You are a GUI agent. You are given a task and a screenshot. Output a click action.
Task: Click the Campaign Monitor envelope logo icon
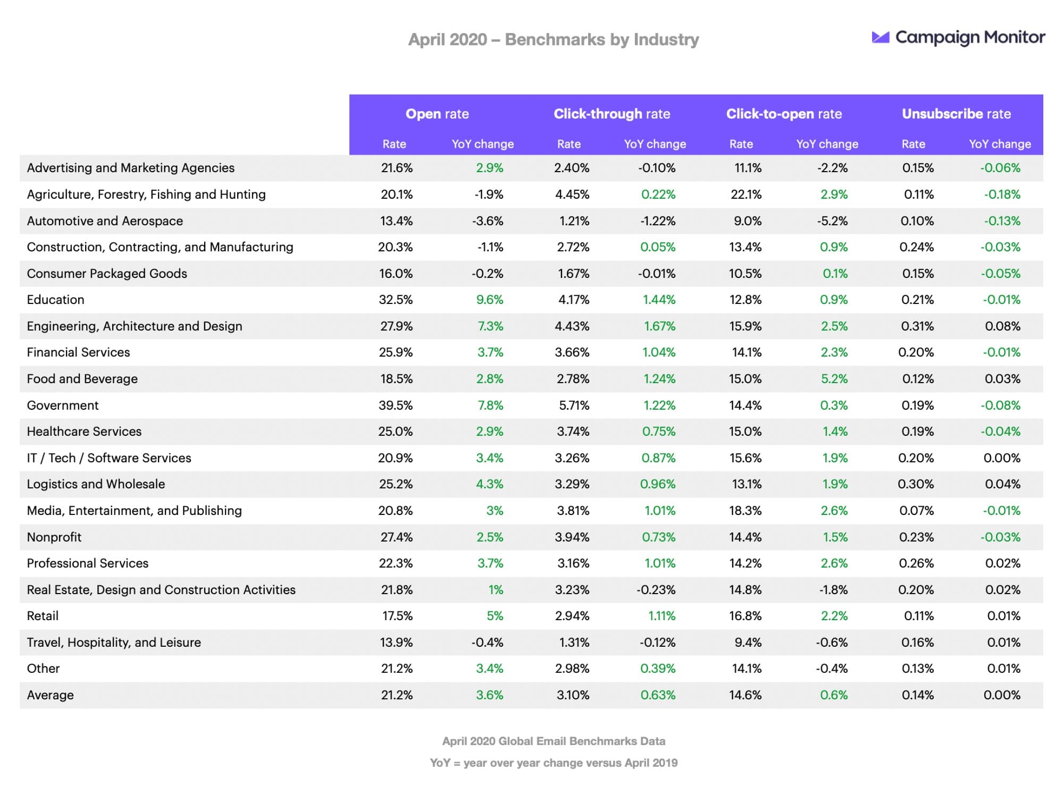pyautogui.click(x=880, y=37)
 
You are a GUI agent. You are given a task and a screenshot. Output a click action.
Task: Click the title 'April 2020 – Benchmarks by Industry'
pyautogui.click(x=553, y=39)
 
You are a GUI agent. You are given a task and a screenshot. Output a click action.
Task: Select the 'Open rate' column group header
pyautogui.click(x=437, y=114)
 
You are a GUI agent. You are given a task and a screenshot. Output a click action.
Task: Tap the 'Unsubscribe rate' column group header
pyautogui.click(x=956, y=114)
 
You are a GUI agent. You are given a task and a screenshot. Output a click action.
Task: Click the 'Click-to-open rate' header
pyautogui.click(x=784, y=114)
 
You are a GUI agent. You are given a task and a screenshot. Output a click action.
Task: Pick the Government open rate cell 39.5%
pyautogui.click(x=396, y=405)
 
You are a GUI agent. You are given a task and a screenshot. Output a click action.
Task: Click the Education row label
pyautogui.click(x=55, y=300)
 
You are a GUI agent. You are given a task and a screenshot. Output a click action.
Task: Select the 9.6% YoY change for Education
pyautogui.click(x=489, y=300)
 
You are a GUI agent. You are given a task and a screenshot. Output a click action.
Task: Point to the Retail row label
pyautogui.click(x=43, y=616)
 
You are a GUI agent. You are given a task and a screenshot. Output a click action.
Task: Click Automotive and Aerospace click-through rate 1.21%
pyautogui.click(x=574, y=221)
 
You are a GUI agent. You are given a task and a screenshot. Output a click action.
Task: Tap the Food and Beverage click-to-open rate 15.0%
pyautogui.click(x=745, y=379)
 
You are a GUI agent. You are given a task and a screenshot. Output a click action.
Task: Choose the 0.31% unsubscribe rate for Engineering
pyautogui.click(x=917, y=326)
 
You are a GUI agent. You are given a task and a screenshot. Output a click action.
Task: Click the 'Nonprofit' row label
pyautogui.click(x=54, y=537)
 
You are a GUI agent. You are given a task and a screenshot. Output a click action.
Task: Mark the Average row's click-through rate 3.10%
pyautogui.click(x=573, y=695)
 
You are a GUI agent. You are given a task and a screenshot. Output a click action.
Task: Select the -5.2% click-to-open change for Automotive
pyautogui.click(x=832, y=221)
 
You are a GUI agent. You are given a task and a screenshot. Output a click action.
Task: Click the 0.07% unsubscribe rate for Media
pyautogui.click(x=916, y=511)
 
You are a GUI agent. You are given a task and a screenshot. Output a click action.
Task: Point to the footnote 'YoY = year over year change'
pyautogui.click(x=553, y=763)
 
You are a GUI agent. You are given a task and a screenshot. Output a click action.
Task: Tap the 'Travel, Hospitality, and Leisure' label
pyautogui.click(x=114, y=642)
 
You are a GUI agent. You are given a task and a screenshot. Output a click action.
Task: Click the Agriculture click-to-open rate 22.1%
pyautogui.click(x=746, y=194)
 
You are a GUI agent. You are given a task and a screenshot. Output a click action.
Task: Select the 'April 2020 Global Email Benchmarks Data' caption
pyautogui.click(x=553, y=741)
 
